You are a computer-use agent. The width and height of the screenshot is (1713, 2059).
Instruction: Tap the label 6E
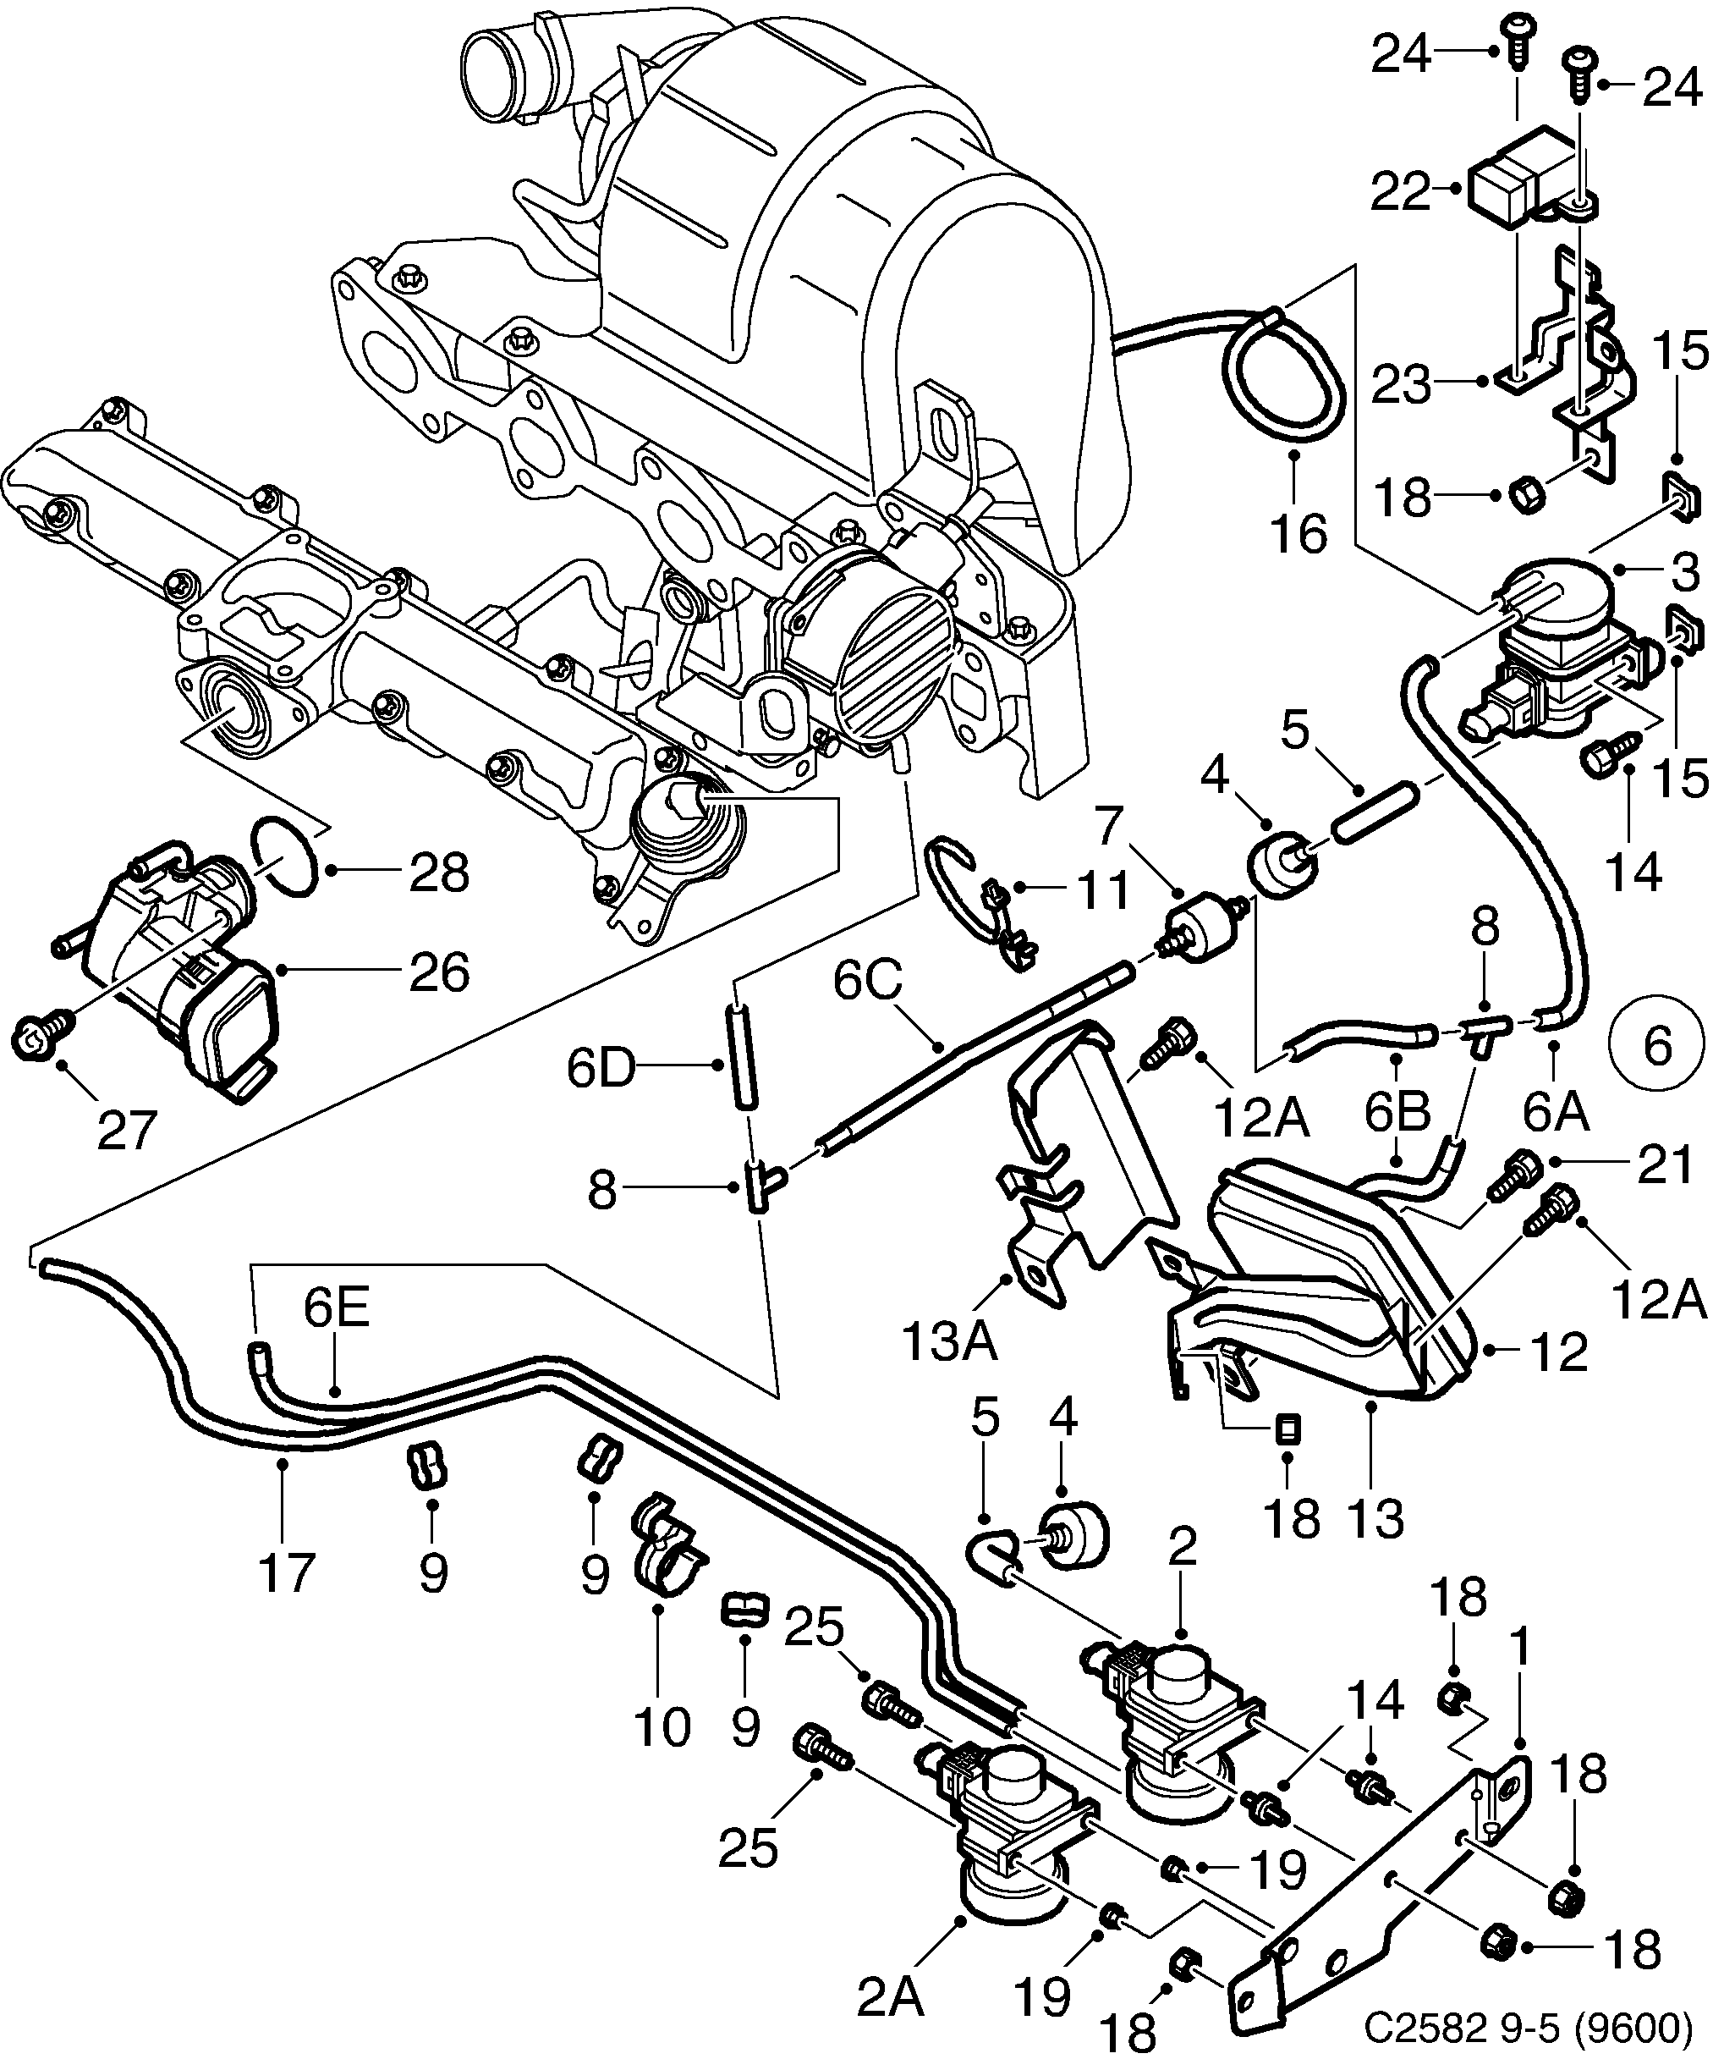point(336,1308)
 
